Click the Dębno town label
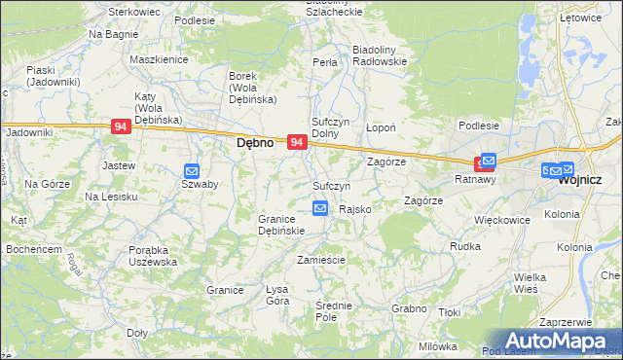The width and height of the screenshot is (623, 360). pos(256,142)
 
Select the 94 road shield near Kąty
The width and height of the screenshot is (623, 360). pos(121,126)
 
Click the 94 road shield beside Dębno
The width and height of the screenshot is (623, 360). pos(298,142)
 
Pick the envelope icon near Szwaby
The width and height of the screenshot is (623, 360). pos(192,169)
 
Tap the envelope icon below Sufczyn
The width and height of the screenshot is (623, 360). pos(320,207)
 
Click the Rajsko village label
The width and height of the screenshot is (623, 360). pos(353,209)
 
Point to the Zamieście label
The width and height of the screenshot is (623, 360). pos(321,261)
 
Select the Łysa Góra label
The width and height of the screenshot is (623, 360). pos(277,295)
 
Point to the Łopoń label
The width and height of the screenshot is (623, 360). pos(380,127)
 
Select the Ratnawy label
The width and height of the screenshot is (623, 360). pos(476,180)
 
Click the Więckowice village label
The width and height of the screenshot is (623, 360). pos(501,220)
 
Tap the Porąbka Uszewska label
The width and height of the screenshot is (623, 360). pos(153,256)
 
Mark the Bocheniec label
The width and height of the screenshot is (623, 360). pos(33,249)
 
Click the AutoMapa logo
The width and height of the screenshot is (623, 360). pos(559,340)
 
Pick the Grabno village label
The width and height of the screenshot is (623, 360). pos(410,308)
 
